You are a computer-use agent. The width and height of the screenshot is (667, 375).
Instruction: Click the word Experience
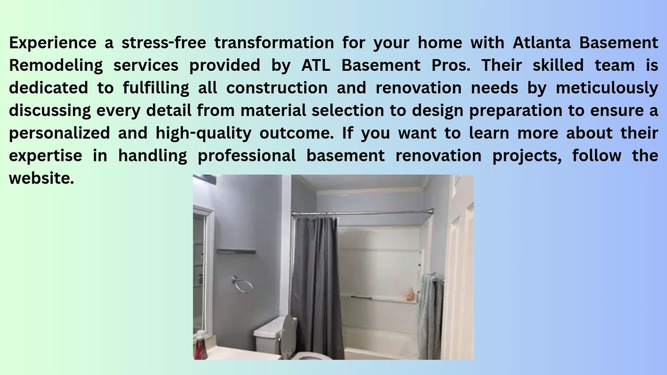(53, 43)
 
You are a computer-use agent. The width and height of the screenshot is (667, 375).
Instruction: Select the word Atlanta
(541, 42)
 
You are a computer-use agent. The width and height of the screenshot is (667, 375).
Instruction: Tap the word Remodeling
(56, 66)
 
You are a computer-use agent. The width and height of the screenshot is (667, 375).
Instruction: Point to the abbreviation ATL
(316, 65)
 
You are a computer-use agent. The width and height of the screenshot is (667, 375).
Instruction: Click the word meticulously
(607, 88)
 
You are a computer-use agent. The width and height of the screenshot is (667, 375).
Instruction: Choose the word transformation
(274, 42)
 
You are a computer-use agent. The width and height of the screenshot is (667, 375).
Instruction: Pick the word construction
(277, 88)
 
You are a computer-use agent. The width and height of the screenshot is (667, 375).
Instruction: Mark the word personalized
(59, 133)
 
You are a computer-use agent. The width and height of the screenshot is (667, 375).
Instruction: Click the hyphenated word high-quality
(204, 133)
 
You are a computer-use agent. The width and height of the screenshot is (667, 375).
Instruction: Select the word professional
(247, 156)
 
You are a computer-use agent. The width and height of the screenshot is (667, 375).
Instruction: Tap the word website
(41, 178)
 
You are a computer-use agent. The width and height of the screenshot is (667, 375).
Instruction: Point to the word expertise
(45, 156)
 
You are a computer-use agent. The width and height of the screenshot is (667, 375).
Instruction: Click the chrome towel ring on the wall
(242, 284)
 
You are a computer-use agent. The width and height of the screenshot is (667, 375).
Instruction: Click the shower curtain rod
(362, 213)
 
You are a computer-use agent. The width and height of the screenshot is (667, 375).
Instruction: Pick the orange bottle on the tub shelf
(410, 294)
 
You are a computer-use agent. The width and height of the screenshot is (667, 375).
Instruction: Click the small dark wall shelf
(236, 251)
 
